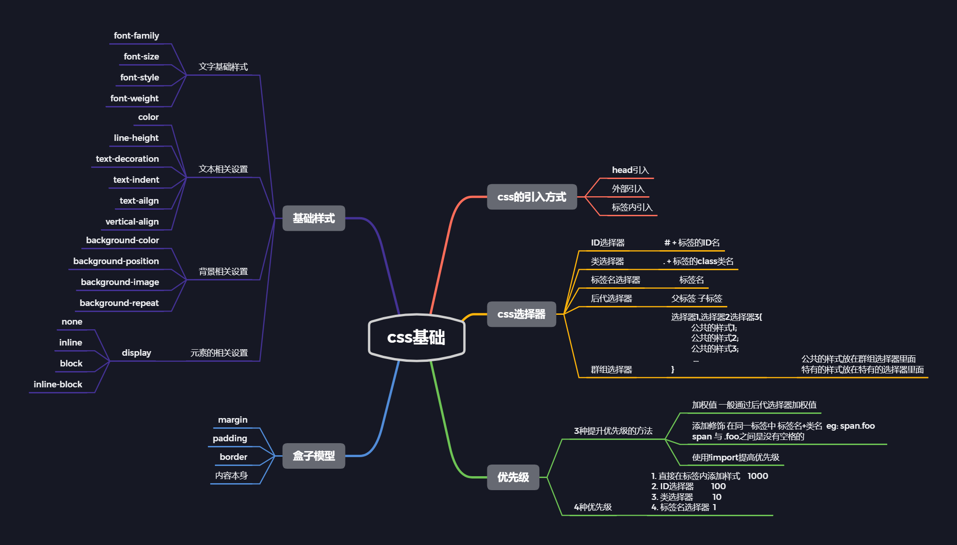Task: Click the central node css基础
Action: (416, 338)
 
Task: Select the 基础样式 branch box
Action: (313, 218)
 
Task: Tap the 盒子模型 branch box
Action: (313, 456)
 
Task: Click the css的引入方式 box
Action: (532, 197)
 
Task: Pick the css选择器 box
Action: (521, 314)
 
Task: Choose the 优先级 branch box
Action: (513, 477)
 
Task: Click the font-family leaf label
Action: (136, 36)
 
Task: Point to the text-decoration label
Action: (127, 159)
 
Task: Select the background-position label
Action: (116, 261)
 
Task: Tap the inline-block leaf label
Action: (58, 385)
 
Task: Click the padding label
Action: (230, 439)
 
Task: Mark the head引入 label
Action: (630, 170)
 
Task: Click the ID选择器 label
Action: (607, 243)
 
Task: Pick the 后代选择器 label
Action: (611, 299)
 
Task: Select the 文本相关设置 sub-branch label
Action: (223, 169)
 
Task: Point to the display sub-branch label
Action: (136, 353)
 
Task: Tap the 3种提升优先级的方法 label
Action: (613, 431)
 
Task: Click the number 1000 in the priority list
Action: (758, 476)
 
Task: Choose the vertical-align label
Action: (132, 222)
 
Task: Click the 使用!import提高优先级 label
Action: (735, 458)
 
